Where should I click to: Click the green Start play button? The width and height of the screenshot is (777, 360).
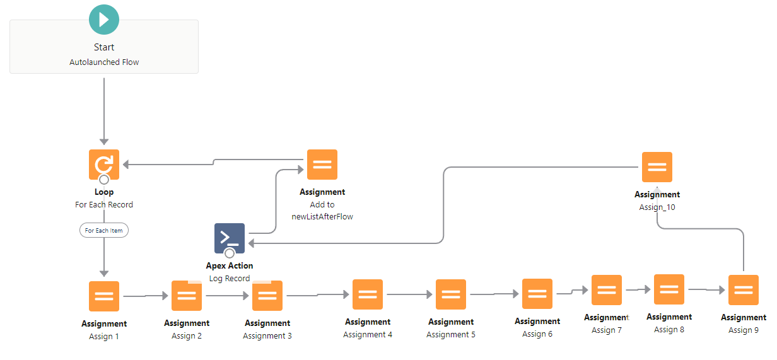coord(104,20)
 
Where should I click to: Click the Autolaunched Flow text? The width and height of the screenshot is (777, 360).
coord(104,62)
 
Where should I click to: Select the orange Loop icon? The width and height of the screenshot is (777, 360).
coord(104,165)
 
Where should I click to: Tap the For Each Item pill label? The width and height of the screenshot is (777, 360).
coord(104,231)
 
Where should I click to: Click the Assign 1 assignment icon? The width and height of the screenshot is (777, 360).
coord(104,296)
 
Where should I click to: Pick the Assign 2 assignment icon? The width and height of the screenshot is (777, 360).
coord(187,296)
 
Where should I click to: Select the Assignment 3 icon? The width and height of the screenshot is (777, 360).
coord(267,296)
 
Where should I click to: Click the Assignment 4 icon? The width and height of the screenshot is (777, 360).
coord(368,294)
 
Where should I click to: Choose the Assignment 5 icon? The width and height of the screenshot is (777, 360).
coord(451,294)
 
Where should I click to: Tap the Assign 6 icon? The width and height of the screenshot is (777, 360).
coord(537,294)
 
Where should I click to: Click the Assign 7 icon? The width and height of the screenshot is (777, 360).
coord(607,290)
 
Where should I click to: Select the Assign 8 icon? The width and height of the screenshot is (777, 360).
coord(669,289)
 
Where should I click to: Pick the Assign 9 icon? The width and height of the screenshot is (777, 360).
coord(744,290)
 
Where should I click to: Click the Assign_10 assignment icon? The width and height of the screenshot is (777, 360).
coord(657,167)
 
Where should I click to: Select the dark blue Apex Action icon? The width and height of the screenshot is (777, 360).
coord(230,238)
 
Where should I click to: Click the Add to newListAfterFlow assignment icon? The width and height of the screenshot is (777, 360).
coord(322,165)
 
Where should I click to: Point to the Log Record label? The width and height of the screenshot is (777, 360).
coord(230,279)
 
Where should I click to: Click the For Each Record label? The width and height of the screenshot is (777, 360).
coord(104,205)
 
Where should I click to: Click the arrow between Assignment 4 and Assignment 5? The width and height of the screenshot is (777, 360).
coord(410,294)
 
